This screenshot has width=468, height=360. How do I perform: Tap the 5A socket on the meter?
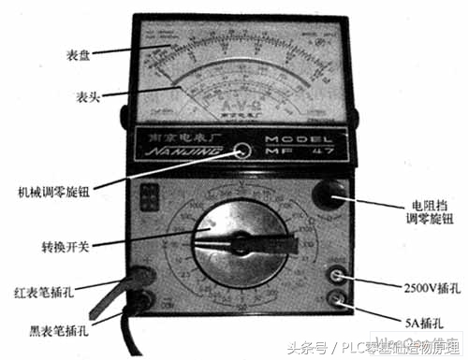coord(335,300)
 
